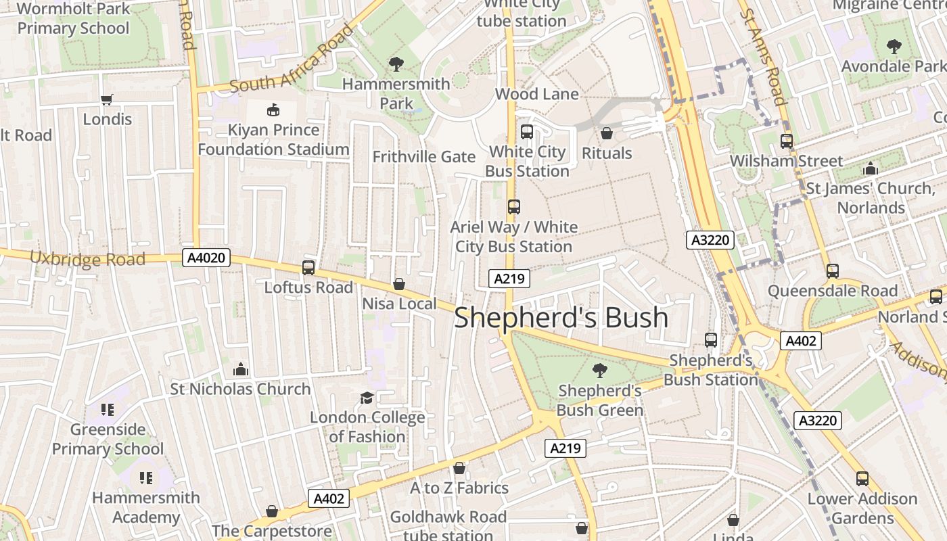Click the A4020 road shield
206,258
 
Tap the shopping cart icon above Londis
107,100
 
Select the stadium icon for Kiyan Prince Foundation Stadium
273,110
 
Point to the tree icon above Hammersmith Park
396,64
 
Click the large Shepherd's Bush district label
561,318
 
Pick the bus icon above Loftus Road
308,268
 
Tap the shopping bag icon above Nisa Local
399,284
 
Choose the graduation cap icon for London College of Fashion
367,398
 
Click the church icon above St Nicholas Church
241,369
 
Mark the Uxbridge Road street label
87,258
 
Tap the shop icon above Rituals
607,133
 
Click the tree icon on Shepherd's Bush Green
599,370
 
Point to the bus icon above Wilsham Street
786,141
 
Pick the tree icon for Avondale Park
894,47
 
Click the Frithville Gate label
424,157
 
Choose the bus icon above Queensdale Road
832,271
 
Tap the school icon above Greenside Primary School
108,410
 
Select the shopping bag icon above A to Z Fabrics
459,468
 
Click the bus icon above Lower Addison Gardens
862,479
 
